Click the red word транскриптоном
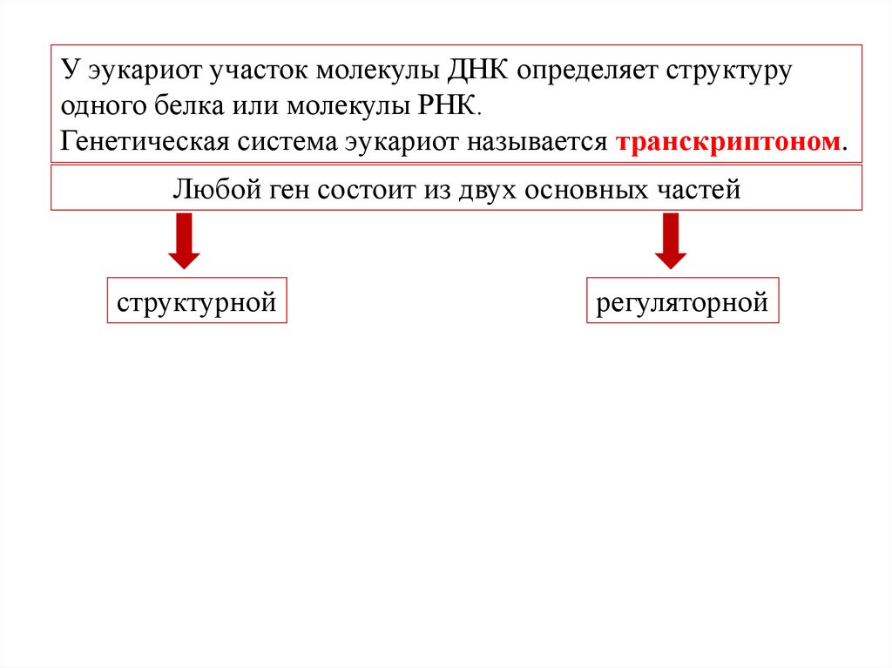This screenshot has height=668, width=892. (x=730, y=142)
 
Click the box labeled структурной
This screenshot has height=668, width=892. (x=197, y=301)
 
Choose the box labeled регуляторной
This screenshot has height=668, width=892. (x=682, y=301)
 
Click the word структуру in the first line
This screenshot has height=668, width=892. (x=728, y=71)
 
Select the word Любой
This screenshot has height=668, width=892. (x=206, y=189)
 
